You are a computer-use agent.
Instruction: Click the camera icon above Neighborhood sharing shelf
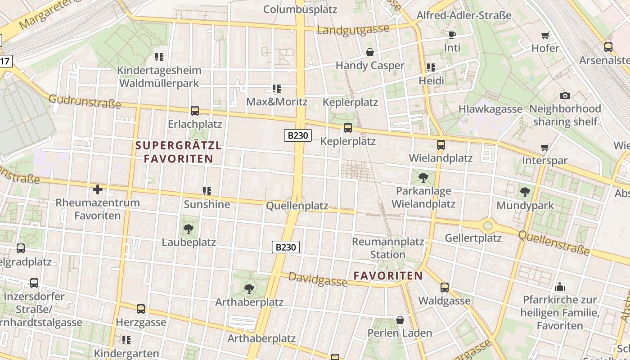pos(565,95)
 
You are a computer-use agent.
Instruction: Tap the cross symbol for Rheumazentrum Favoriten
pos(97,189)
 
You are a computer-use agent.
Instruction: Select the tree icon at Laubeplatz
pos(189,229)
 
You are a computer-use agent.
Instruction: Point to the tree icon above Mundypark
pos(525,192)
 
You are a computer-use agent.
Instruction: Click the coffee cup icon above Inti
pos(452,35)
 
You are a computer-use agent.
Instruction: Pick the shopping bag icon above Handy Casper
pos(370,52)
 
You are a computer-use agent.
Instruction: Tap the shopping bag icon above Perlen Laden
pos(400,320)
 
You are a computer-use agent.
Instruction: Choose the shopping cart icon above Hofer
pos(545,35)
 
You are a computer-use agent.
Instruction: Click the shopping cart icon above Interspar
pos(544,147)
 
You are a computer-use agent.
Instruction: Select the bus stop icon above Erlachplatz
pos(195,111)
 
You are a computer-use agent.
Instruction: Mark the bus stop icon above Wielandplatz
pos(441,145)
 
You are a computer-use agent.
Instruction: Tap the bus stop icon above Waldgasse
pos(445,287)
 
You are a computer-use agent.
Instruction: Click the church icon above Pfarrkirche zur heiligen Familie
pos(560,286)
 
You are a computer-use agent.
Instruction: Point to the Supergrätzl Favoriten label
pos(178,152)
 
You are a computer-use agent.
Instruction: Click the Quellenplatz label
pos(297,206)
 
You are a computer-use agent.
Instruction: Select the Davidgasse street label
pos(318,279)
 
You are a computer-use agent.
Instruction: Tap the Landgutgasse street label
pos(353,30)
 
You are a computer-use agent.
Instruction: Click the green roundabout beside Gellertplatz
pos(488,225)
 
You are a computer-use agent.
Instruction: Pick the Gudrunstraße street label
pos(85,102)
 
